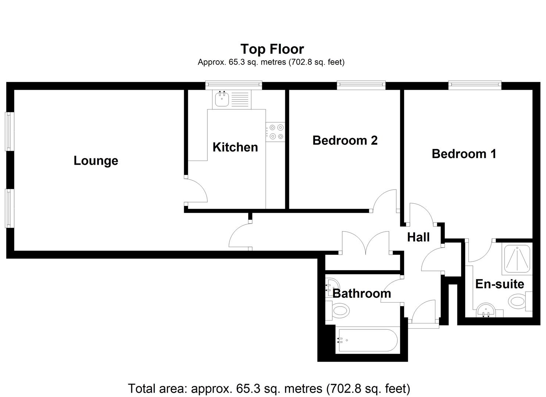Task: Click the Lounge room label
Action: [96, 161]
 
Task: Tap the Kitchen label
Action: [235, 147]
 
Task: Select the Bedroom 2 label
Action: [345, 140]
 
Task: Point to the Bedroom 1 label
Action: [464, 154]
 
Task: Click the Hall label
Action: [418, 237]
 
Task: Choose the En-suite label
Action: [499, 284]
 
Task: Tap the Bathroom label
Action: [361, 293]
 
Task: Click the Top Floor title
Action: [272, 49]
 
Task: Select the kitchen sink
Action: [222, 99]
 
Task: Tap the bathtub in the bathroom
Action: [367, 340]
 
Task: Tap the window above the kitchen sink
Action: [233, 85]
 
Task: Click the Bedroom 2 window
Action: [361, 85]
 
